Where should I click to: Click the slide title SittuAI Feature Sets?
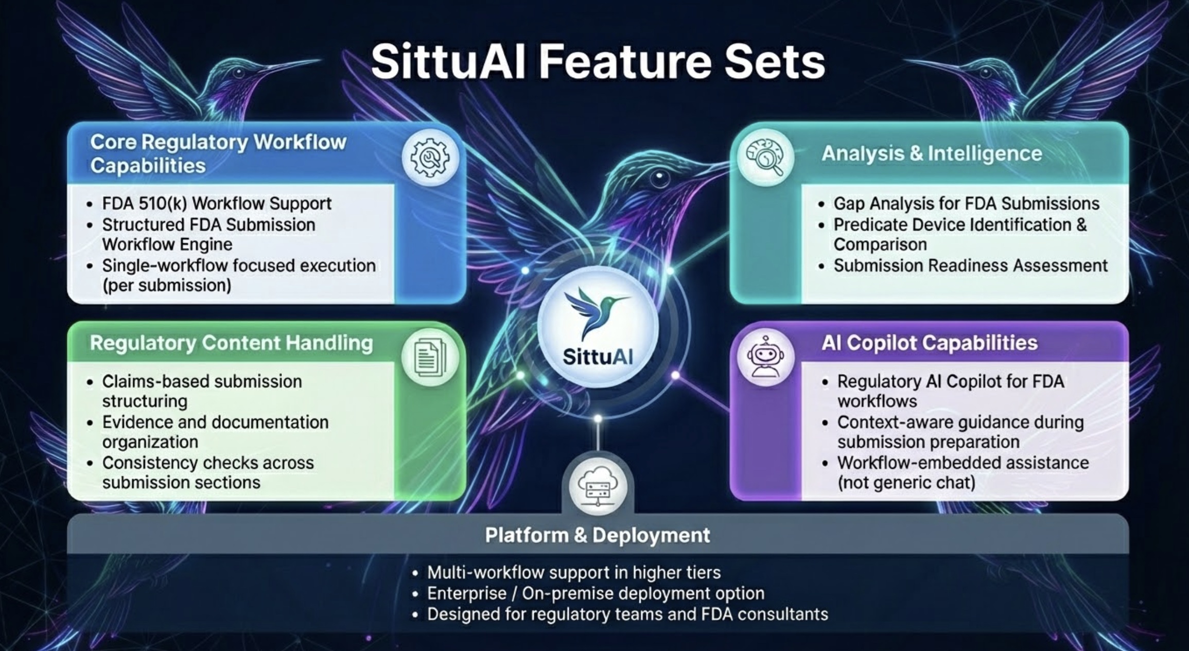[598, 62]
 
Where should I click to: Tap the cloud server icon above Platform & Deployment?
[598, 487]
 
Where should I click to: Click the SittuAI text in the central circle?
[598, 357]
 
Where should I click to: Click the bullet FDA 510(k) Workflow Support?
[216, 203]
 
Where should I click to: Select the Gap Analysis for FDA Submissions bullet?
[966, 203]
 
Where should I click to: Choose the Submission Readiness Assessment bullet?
[970, 266]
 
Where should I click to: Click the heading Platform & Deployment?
[598, 535]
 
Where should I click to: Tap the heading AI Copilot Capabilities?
[929, 343]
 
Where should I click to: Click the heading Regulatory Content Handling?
[231, 343]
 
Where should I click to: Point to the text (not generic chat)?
[906, 483]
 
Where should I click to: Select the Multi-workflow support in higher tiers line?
[573, 572]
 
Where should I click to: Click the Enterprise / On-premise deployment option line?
[596, 593]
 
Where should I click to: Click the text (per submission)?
[167, 285]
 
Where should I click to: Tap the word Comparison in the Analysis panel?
[880, 244]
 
